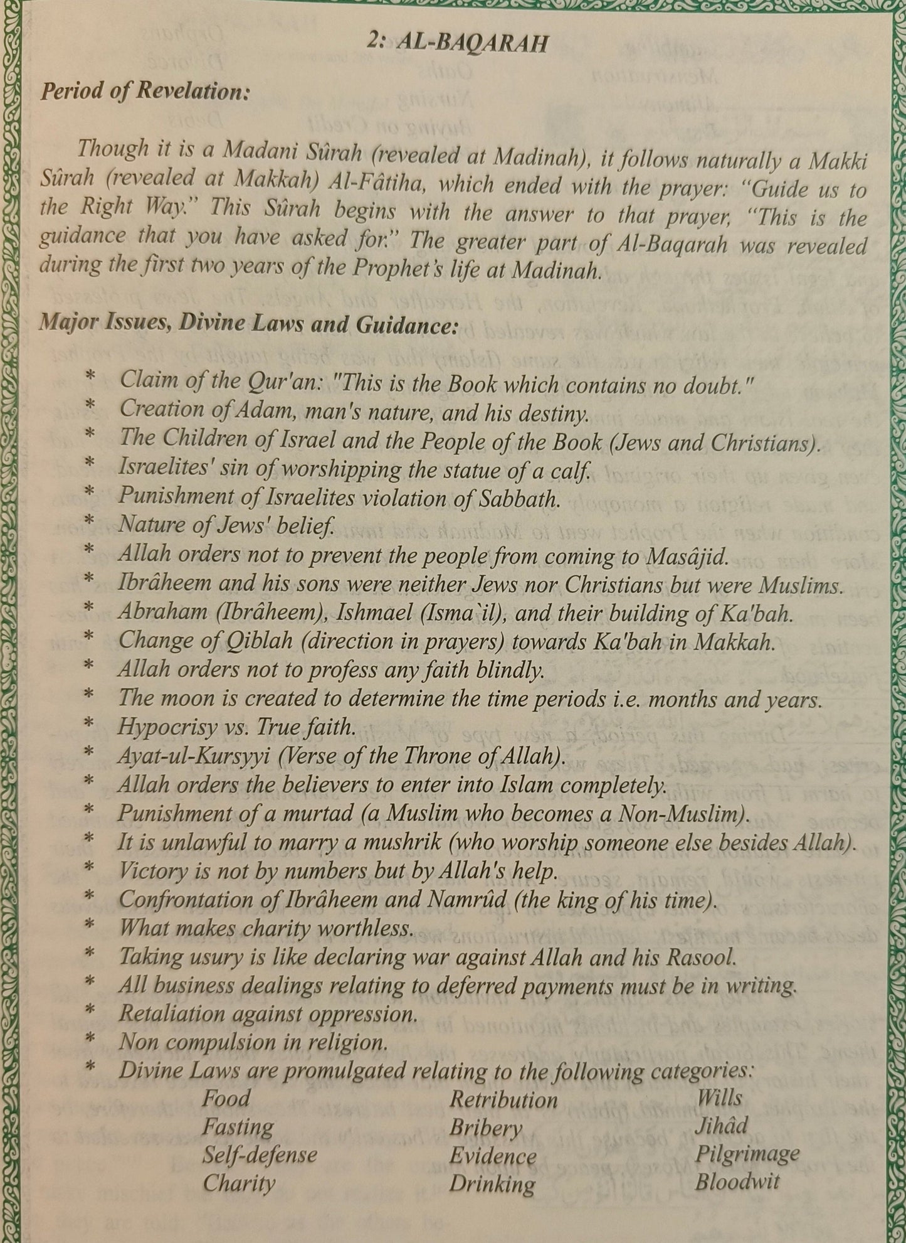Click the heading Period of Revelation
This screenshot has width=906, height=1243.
(145, 92)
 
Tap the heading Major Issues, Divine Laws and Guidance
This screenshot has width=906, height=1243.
(249, 324)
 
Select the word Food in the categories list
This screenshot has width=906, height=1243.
(226, 1098)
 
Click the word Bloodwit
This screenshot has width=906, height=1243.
(737, 1182)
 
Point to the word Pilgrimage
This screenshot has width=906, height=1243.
(747, 1153)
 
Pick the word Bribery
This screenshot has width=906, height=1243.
(486, 1128)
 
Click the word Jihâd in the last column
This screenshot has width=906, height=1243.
(721, 1125)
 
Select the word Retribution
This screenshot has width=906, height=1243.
(503, 1099)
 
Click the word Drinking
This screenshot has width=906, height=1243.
(492, 1184)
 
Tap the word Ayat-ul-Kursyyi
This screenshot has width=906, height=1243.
(194, 756)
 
